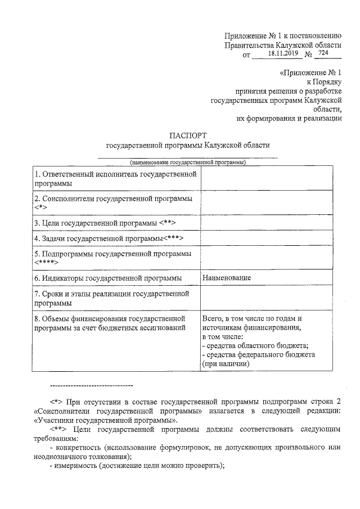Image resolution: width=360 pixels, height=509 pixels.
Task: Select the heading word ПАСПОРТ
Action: point(188,136)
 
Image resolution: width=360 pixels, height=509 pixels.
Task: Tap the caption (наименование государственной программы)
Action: point(188,163)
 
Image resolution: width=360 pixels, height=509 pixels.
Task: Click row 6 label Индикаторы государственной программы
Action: point(108,278)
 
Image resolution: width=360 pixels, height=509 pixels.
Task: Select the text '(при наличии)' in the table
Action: point(226,364)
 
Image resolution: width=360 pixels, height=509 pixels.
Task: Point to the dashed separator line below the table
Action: point(91,385)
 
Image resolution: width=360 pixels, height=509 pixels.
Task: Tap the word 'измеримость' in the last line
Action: point(79,465)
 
